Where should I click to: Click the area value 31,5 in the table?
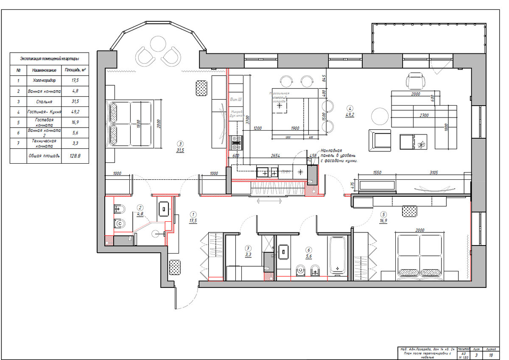pos(75,102)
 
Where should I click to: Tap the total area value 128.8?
pos(75,156)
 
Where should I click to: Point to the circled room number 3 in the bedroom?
pos(180,143)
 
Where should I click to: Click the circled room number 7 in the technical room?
pos(249,248)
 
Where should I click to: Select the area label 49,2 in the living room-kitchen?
pos(350,114)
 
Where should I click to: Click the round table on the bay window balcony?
pos(157,44)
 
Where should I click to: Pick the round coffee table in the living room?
pos(380,115)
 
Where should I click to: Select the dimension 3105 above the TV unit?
pos(433,173)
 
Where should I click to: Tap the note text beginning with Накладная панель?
pos(339,156)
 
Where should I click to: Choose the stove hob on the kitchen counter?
pos(236,142)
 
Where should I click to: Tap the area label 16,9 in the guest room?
pos(383,220)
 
